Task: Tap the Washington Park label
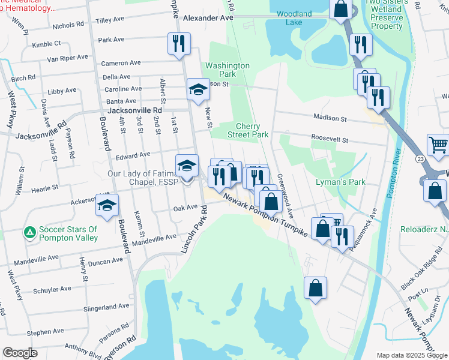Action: pos(227,70)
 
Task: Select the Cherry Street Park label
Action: pos(252,131)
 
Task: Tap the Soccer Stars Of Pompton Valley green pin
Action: pos(28,231)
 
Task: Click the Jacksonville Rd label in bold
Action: pos(134,111)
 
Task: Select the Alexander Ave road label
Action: pos(208,19)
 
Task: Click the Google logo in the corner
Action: pos(19,353)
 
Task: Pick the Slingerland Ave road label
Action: pos(107,306)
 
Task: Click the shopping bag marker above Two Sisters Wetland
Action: pos(340,9)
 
